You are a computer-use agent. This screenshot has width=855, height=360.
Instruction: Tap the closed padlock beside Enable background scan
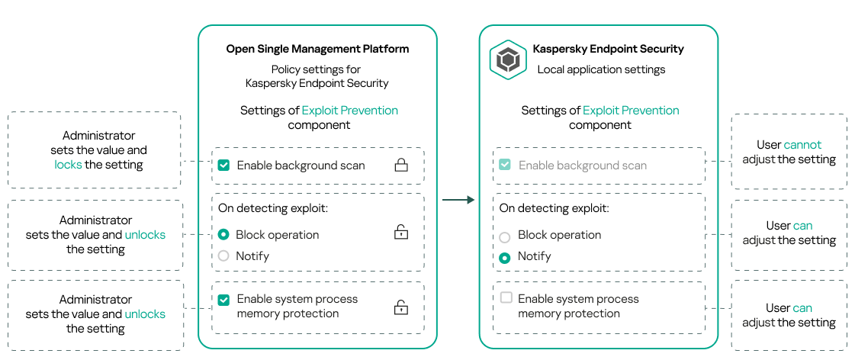[400, 165]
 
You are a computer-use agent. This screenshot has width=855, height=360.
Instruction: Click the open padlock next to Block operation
[400, 233]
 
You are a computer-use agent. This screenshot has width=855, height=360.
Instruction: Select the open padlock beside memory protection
[400, 307]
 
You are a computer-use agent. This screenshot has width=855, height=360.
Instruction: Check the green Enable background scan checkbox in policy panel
[223, 165]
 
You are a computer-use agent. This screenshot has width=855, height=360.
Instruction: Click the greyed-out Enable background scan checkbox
[504, 165]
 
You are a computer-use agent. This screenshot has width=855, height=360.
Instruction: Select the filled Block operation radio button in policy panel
[223, 235]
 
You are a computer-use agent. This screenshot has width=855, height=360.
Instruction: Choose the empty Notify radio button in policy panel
[223, 256]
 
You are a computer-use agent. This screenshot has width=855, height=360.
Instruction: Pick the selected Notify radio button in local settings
[504, 258]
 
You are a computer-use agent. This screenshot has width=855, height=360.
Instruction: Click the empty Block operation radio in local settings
[504, 236]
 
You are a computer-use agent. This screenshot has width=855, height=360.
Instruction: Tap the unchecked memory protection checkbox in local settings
[506, 297]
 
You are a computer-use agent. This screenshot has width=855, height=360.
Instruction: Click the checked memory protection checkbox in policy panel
[223, 301]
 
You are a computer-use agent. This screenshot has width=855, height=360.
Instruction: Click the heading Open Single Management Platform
[317, 49]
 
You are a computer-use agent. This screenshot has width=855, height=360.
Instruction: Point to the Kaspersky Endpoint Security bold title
[608, 49]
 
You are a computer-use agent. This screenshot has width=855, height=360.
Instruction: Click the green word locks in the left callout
[68, 165]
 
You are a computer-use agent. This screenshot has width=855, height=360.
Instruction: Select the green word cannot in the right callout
[802, 145]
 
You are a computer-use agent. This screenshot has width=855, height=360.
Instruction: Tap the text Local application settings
[601, 69]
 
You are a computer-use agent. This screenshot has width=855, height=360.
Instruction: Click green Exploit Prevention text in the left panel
[349, 111]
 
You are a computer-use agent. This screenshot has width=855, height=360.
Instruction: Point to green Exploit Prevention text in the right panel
[631, 111]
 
